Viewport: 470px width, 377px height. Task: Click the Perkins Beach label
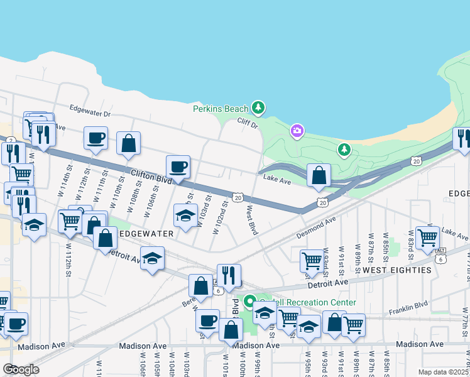(221, 109)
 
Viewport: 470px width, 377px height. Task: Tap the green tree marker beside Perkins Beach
(258, 107)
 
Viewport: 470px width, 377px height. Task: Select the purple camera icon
(297, 131)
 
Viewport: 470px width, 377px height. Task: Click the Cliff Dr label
(248, 124)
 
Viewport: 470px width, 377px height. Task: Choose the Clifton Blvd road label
(151, 175)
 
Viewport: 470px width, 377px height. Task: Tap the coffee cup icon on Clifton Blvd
(178, 167)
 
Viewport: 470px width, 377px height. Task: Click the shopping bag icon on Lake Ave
(319, 176)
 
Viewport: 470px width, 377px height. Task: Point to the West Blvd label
(253, 221)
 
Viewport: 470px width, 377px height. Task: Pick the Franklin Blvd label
(408, 305)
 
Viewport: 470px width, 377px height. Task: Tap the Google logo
(21, 369)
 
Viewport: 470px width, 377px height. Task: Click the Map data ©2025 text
(442, 371)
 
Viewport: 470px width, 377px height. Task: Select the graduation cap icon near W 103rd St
(186, 216)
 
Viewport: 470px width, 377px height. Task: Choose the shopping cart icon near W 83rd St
(428, 238)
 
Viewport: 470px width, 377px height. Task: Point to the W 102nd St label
(220, 217)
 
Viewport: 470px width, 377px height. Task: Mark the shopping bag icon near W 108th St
(129, 144)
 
